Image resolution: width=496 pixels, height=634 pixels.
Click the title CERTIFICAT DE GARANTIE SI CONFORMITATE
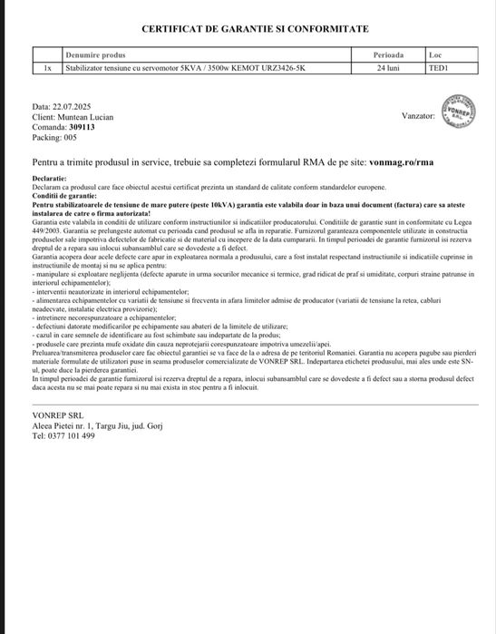coord(248,29)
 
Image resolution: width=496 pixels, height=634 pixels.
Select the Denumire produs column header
coord(102,55)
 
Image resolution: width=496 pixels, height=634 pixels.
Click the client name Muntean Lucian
coord(84,118)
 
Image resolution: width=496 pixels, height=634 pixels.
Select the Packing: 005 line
coord(54,138)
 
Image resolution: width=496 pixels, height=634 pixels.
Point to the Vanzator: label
coord(418,116)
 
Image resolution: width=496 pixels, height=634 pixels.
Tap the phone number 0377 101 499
coord(73,435)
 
